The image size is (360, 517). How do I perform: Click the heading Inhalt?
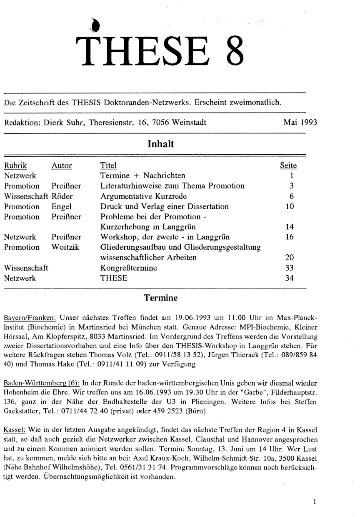click(x=161, y=144)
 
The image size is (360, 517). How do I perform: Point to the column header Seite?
click(x=288, y=166)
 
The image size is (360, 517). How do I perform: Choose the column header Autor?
click(x=62, y=166)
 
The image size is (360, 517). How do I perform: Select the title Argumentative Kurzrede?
click(x=144, y=196)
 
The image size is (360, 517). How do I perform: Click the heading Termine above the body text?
click(x=161, y=298)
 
